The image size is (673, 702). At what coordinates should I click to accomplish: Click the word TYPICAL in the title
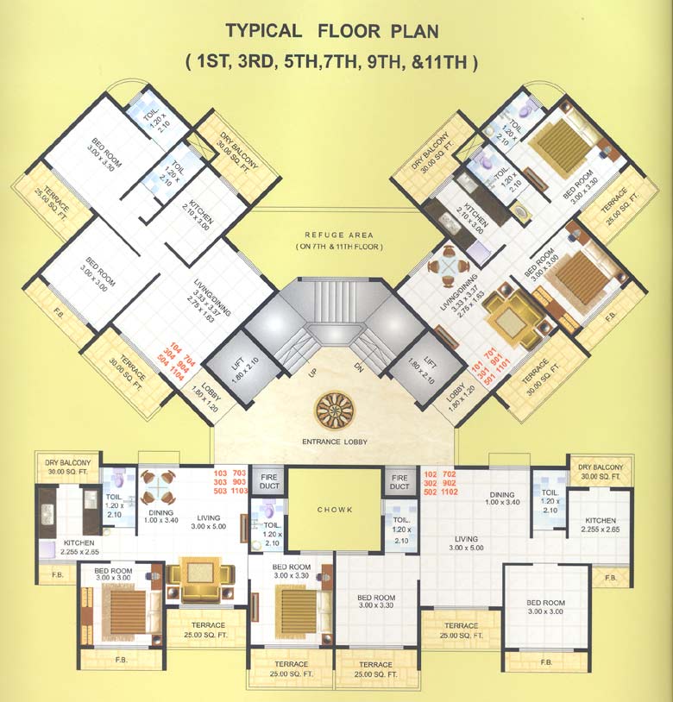pyautogui.click(x=263, y=32)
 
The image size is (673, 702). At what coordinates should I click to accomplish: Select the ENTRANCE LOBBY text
pyautogui.click(x=335, y=442)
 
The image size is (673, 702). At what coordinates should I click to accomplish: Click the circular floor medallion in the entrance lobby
pyautogui.click(x=334, y=409)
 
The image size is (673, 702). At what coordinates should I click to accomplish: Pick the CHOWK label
pyautogui.click(x=335, y=510)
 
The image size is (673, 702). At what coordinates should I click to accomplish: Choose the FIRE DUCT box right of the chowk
pyautogui.click(x=399, y=481)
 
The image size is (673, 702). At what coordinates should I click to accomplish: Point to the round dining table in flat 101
pyautogui.click(x=449, y=264)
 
